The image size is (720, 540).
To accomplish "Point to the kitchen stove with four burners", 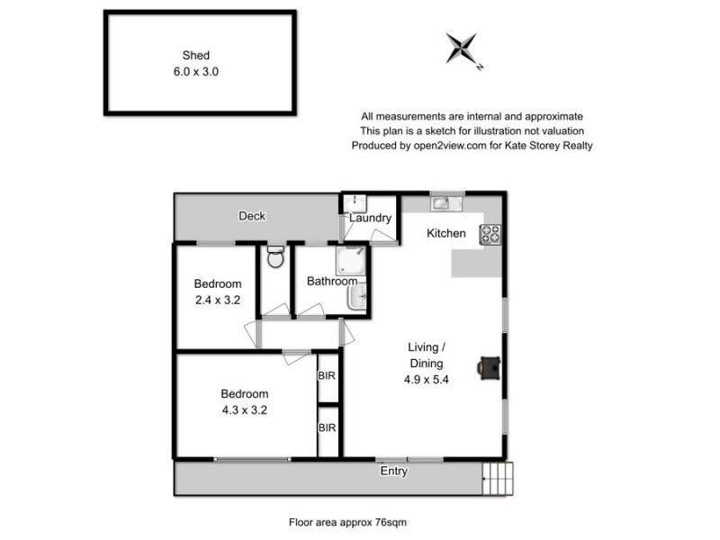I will point(490,234).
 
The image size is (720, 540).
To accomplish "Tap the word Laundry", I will point(371,218).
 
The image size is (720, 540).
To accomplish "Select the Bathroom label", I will point(332,282).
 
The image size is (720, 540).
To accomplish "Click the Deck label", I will point(252,216).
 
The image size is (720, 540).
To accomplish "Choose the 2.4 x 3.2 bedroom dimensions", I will point(216,301).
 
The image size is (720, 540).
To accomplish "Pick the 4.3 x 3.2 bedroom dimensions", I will point(245,409).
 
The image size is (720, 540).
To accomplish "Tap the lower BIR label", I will point(327,427).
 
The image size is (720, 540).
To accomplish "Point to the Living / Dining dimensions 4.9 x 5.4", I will point(426,379).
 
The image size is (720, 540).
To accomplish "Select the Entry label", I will point(394,471).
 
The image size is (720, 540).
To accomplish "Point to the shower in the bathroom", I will point(347,262).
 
